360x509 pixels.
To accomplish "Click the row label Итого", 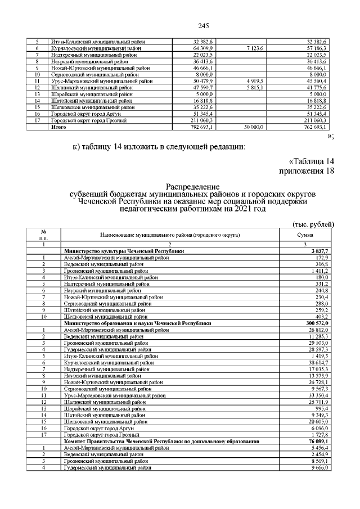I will click(x=58, y=128).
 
